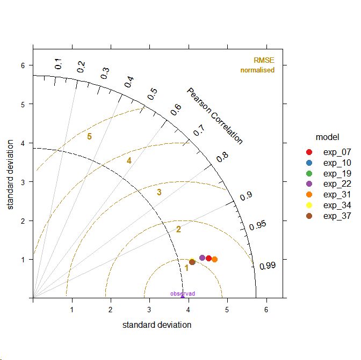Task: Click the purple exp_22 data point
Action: click(202, 258)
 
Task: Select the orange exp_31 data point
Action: click(215, 259)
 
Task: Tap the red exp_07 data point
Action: click(208, 259)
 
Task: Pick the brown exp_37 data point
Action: click(192, 262)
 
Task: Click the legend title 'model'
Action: click(327, 137)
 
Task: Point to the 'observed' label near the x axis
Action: click(183, 293)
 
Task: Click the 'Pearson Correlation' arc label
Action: click(214, 116)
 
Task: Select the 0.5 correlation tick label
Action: click(153, 94)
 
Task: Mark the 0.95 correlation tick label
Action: click(258, 225)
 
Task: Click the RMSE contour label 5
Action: click(90, 137)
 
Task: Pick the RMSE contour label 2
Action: click(178, 230)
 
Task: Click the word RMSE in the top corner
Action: click(264, 61)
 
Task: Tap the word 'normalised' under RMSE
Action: click(257, 70)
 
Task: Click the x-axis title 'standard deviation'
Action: click(157, 325)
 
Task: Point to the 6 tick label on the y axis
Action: click(23, 65)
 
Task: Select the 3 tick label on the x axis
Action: click(149, 310)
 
